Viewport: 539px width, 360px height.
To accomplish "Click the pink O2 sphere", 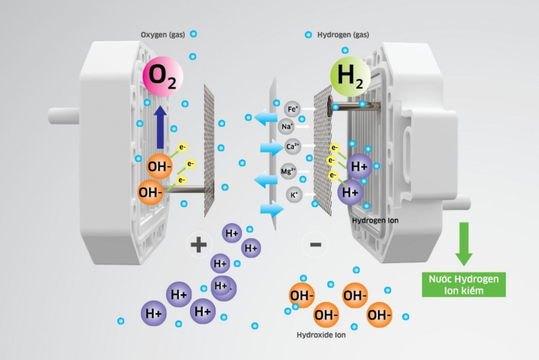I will pyautogui.click(x=162, y=76).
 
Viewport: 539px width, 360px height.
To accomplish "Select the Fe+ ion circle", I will pyautogui.click(x=292, y=109).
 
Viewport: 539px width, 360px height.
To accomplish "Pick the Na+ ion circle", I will pyautogui.click(x=286, y=126).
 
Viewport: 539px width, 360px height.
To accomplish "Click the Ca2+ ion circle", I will pyautogui.click(x=292, y=147).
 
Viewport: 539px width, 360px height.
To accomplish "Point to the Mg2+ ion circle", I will pyautogui.click(x=288, y=171).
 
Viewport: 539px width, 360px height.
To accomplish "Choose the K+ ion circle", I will pyautogui.click(x=294, y=194).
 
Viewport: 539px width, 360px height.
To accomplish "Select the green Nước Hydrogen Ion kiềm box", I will pyautogui.click(x=464, y=285).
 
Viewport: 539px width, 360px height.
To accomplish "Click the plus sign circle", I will pyautogui.click(x=199, y=245).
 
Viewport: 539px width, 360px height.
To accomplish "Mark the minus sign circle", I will pyautogui.click(x=315, y=244).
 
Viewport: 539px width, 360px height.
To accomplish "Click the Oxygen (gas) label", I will pyautogui.click(x=162, y=35).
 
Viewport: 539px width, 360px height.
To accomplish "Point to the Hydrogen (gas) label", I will pyautogui.click(x=343, y=35).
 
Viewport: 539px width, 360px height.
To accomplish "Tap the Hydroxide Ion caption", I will pyautogui.click(x=321, y=335).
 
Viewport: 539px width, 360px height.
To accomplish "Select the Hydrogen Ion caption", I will pyautogui.click(x=375, y=220).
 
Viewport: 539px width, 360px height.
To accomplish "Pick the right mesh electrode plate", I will pyautogui.click(x=323, y=151).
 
